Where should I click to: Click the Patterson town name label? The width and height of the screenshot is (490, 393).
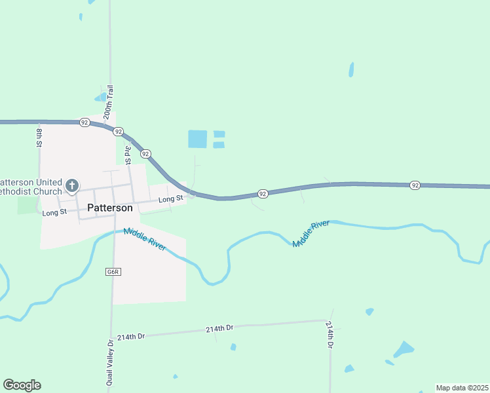pos(110,208)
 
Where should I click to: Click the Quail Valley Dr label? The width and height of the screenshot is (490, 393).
pos(111,362)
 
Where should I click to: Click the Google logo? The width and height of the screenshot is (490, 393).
pos(22,385)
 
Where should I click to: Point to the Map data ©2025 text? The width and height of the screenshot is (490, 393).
pos(462,388)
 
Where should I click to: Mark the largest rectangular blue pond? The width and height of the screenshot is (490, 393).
pos(197,139)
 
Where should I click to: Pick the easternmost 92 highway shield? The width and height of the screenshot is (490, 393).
pos(415,185)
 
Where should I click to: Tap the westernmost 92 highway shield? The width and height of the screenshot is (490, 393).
pos(85,122)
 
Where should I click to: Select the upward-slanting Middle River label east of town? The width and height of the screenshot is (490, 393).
pos(311,234)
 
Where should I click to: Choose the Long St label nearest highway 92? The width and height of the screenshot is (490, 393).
pos(170,198)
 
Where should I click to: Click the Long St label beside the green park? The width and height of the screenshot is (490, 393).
pos(54,213)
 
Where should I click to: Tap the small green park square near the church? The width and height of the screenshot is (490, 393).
pos(28,205)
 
